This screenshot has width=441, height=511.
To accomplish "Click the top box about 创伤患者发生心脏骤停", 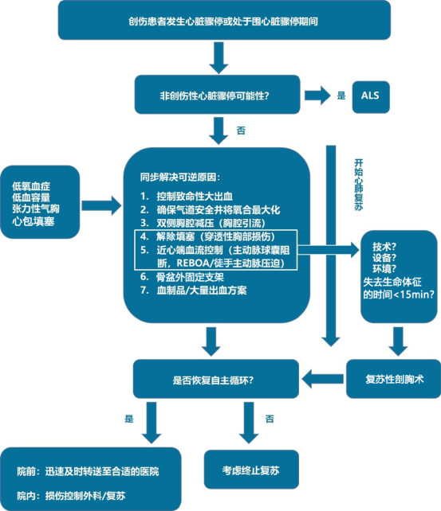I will [x=223, y=20].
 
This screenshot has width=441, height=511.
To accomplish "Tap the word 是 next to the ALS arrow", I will [x=341, y=96].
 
